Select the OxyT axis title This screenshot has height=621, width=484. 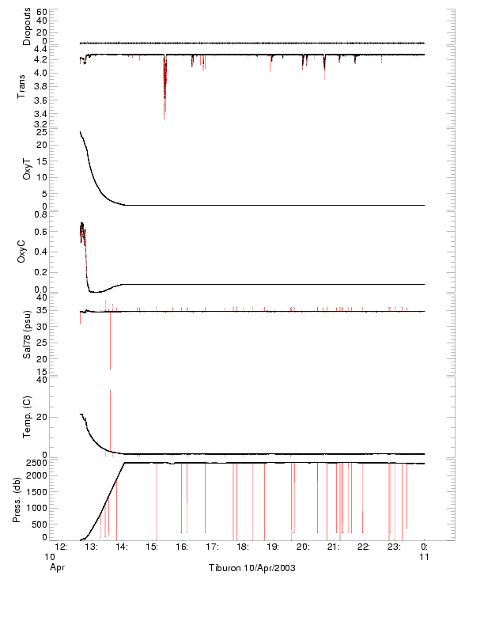(27, 168)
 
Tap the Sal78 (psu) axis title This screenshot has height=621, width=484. (27, 336)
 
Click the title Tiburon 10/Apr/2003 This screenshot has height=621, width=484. (251, 569)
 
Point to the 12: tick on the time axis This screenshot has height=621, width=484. (59, 547)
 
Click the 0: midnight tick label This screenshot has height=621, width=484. (425, 547)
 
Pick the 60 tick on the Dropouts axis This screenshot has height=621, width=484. (42, 13)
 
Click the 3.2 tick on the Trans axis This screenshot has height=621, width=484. (40, 125)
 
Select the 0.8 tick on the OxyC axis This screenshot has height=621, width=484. (40, 214)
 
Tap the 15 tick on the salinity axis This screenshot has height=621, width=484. (42, 371)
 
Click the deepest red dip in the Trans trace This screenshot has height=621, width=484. (164, 117)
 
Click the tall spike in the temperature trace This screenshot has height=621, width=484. (110, 392)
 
